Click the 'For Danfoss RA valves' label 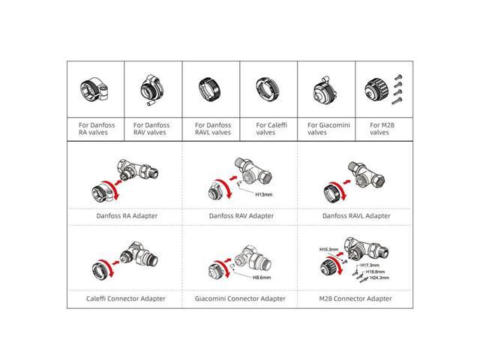pos(97,129)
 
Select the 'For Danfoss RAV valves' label pos(151,129)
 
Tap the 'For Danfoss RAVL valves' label pos(213,129)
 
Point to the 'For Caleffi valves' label pos(271,129)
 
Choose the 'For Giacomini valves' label pos(328,129)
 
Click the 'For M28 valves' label pos(382,129)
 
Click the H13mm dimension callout pos(263,194)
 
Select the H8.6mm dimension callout pos(262,277)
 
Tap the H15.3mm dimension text pos(328,250)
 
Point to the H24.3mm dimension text pos(379,277)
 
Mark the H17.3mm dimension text pos(370,265)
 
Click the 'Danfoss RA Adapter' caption pos(127,216)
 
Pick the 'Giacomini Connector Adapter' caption pos(240,298)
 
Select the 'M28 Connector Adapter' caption pos(355,298)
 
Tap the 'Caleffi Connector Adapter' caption pos(125,298)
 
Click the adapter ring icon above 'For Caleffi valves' pos(268,89)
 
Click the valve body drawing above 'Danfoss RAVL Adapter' pos(365,174)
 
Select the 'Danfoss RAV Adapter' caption pos(241,216)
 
